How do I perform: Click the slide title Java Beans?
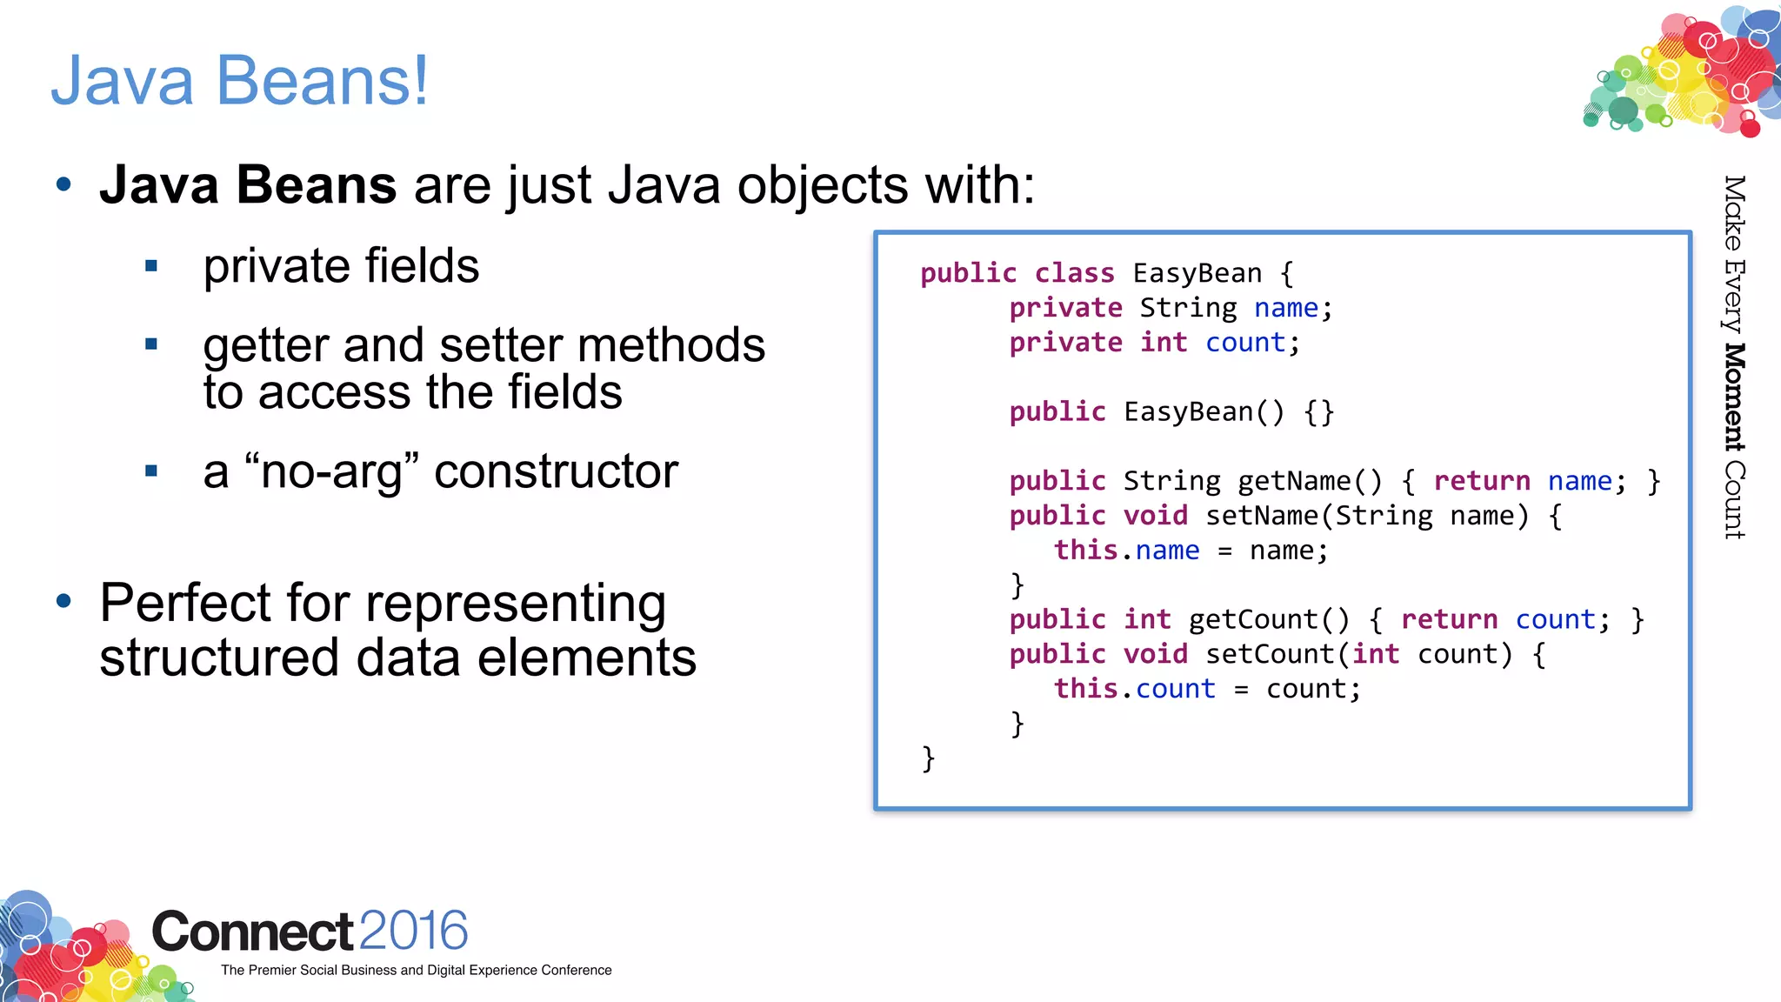click(239, 80)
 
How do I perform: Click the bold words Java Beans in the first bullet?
click(248, 185)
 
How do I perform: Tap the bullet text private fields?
click(341, 266)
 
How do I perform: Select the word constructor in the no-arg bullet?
click(556, 472)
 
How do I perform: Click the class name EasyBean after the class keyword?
click(1197, 273)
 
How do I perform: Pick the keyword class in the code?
click(1074, 273)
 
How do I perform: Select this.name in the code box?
click(1126, 551)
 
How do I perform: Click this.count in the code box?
click(1134, 689)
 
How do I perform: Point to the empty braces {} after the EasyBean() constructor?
click(1318, 411)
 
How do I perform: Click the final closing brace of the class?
click(928, 758)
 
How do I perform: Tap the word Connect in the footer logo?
click(252, 932)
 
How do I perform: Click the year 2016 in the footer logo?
click(413, 931)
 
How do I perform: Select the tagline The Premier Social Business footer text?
click(416, 970)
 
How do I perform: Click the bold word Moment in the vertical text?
click(1734, 397)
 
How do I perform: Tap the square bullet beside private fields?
click(151, 266)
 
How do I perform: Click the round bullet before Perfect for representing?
click(63, 601)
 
